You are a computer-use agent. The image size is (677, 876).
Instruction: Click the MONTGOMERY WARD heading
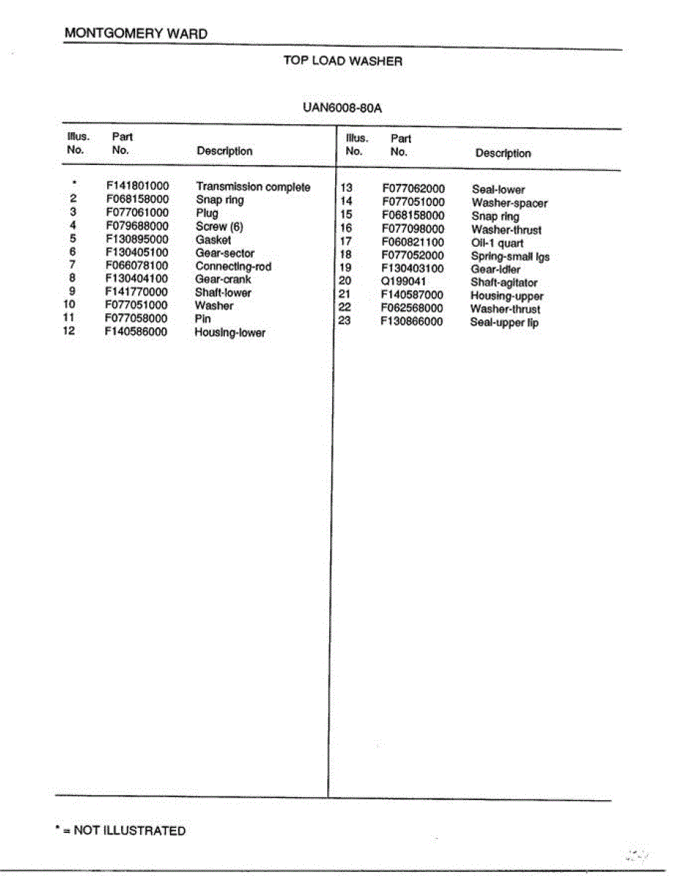click(x=136, y=34)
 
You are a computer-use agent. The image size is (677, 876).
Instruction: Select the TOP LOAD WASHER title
click(x=343, y=61)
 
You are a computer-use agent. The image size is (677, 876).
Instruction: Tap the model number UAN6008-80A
click(x=343, y=107)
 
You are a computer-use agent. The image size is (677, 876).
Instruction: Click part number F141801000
click(x=137, y=187)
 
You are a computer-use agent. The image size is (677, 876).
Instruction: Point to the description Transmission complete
click(x=253, y=188)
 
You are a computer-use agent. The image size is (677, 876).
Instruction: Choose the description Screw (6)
click(x=219, y=226)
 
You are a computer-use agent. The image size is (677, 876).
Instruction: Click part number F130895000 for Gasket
click(x=137, y=239)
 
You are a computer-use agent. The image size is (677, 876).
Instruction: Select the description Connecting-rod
click(x=233, y=266)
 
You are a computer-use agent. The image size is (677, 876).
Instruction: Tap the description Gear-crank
click(x=223, y=280)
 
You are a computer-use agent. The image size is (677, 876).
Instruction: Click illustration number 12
click(x=69, y=331)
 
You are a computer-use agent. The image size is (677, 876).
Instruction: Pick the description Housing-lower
click(x=230, y=333)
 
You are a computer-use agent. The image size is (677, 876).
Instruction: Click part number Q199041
click(x=404, y=282)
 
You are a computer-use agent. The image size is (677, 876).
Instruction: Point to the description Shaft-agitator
click(x=504, y=283)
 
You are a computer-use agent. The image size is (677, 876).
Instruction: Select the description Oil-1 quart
click(x=497, y=243)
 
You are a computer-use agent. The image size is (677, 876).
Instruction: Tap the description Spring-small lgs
click(x=510, y=256)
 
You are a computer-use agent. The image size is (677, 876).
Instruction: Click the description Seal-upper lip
click(x=504, y=323)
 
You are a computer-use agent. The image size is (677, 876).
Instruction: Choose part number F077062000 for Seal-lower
click(x=413, y=189)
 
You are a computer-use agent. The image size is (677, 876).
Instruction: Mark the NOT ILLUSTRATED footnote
click(x=121, y=831)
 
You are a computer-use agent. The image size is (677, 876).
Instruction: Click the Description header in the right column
click(x=503, y=153)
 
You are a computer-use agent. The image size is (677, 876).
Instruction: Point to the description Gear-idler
click(x=495, y=269)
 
